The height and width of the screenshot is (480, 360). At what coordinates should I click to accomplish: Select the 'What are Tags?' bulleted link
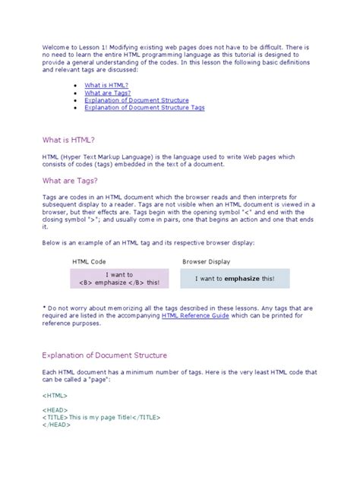tap(103, 93)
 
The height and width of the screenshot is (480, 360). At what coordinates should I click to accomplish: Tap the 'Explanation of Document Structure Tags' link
tap(144, 108)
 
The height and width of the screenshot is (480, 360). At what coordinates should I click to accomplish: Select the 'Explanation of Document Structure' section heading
tap(104, 355)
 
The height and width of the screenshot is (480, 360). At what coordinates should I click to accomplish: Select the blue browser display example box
tap(235, 279)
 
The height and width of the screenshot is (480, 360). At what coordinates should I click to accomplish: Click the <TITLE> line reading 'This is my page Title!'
tap(90, 418)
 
